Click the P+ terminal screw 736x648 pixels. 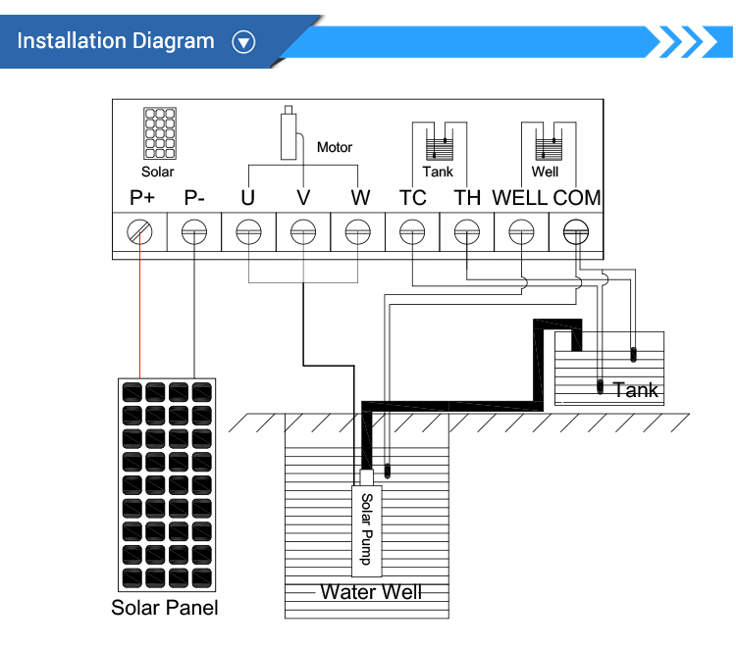[x=139, y=231]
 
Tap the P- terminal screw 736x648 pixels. [x=194, y=231]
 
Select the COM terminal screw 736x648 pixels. [x=576, y=231]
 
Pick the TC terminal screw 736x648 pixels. [x=412, y=231]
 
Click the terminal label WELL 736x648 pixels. [x=519, y=198]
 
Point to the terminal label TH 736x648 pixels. [x=467, y=198]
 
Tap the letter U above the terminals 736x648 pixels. [x=248, y=198]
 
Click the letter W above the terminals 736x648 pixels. [x=360, y=198]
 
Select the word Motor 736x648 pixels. [x=335, y=147]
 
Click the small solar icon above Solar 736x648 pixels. [x=160, y=133]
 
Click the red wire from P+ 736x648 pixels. [x=139, y=305]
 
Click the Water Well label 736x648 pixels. [x=371, y=592]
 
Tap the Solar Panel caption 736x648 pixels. [x=165, y=608]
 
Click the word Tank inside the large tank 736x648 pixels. [x=636, y=390]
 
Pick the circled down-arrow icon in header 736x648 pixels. [x=243, y=42]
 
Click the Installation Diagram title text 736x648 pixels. [x=116, y=41]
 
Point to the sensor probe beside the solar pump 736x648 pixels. [x=388, y=471]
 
